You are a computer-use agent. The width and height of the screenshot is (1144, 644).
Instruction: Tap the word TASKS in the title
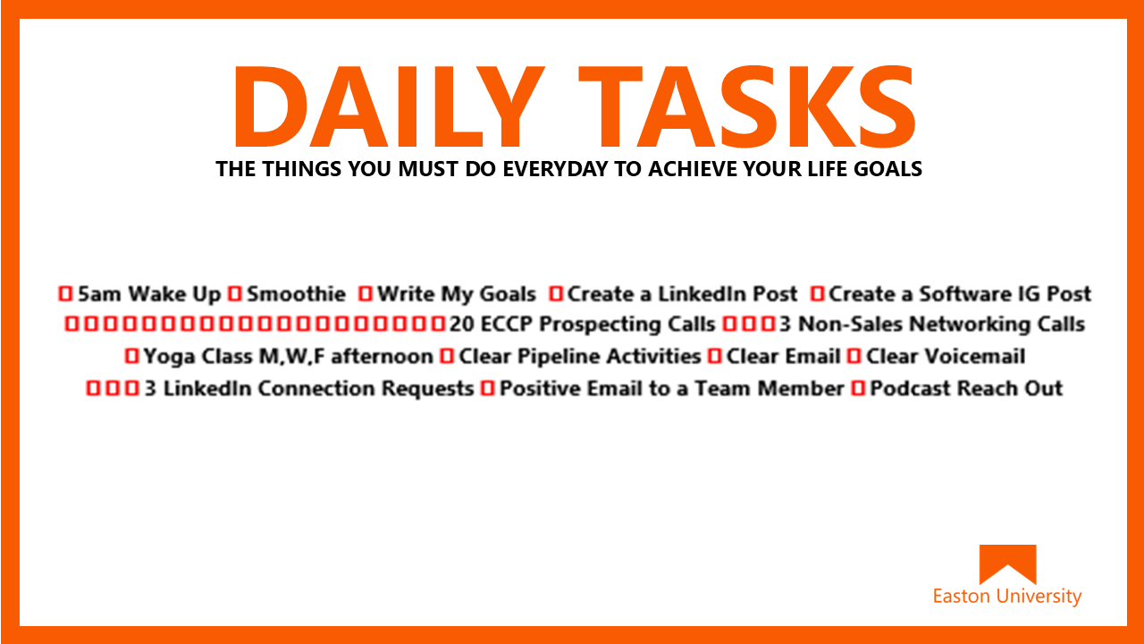(x=746, y=106)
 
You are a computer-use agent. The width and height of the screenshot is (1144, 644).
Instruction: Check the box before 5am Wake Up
(x=65, y=294)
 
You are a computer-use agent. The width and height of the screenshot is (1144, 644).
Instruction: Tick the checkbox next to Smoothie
(x=234, y=294)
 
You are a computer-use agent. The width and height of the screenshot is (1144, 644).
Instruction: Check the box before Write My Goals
(x=365, y=294)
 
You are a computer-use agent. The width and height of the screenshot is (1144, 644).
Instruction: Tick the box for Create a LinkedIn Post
(x=556, y=294)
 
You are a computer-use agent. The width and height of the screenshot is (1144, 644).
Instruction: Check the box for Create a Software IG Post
(x=817, y=294)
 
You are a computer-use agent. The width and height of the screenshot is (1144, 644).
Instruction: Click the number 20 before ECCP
(x=462, y=325)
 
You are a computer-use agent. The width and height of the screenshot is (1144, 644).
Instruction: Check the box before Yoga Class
(x=131, y=356)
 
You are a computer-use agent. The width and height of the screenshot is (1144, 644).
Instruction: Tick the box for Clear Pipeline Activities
(x=447, y=356)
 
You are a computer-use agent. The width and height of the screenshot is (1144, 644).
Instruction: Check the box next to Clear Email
(x=714, y=356)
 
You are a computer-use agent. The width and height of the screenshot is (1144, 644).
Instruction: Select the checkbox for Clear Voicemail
(x=854, y=356)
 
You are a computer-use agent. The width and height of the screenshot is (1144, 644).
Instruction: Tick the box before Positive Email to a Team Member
(x=488, y=388)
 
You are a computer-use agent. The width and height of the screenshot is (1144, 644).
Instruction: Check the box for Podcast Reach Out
(x=858, y=388)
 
